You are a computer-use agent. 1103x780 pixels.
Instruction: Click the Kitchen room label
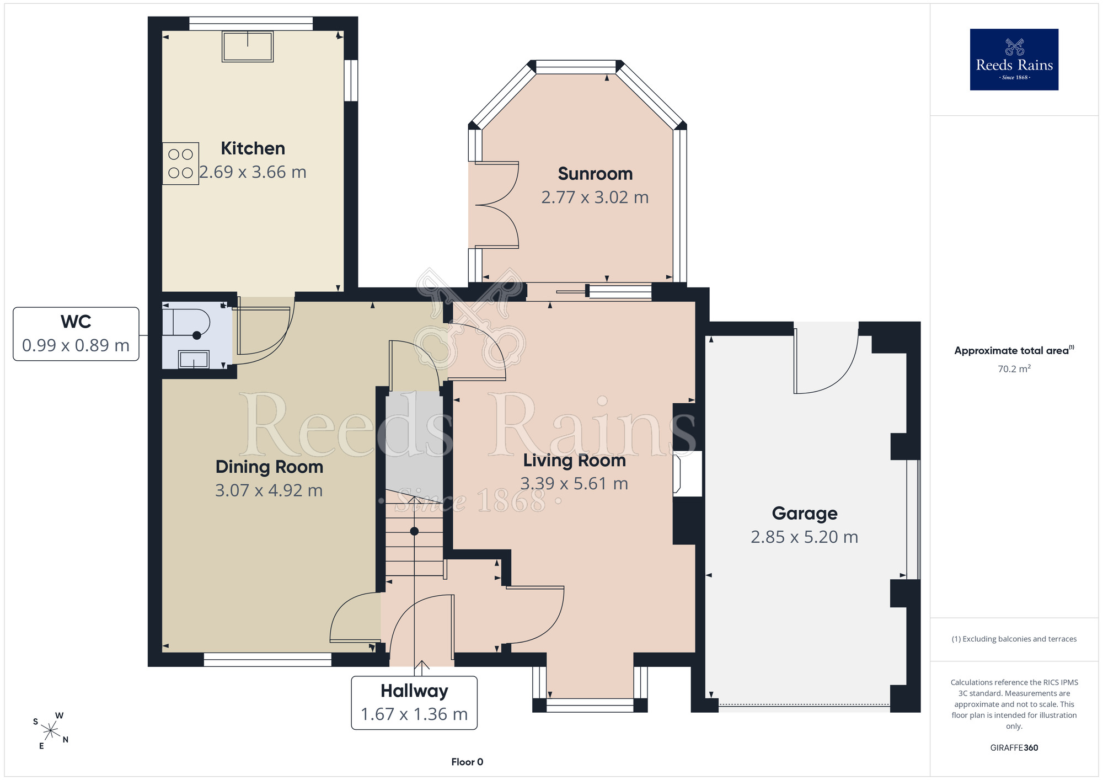click(253, 148)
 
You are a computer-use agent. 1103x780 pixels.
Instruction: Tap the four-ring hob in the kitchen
click(180, 163)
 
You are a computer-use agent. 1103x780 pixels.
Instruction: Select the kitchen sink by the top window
click(248, 46)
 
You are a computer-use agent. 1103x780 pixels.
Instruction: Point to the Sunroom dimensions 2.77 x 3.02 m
click(595, 197)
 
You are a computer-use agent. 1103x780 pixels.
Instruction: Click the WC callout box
click(76, 334)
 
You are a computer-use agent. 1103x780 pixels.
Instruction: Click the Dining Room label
click(269, 467)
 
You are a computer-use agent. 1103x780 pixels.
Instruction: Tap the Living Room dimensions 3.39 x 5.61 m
click(574, 484)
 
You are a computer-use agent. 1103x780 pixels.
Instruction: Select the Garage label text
click(805, 514)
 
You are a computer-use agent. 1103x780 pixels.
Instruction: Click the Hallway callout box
click(414, 703)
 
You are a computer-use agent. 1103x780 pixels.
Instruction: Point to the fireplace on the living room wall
click(687, 474)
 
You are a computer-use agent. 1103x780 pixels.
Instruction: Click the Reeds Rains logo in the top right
click(1014, 60)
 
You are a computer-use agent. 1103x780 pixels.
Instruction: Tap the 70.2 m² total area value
click(1014, 368)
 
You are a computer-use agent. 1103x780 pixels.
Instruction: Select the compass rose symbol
click(51, 731)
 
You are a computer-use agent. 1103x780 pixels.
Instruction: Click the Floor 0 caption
click(467, 762)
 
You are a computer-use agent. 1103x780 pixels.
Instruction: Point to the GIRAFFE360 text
click(1014, 748)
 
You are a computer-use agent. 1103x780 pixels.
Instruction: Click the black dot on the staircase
click(414, 531)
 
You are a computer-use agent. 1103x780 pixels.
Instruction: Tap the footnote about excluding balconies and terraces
click(1014, 639)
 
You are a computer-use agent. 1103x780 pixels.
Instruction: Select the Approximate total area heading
click(1014, 350)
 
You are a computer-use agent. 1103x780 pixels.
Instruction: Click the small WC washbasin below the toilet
click(194, 360)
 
